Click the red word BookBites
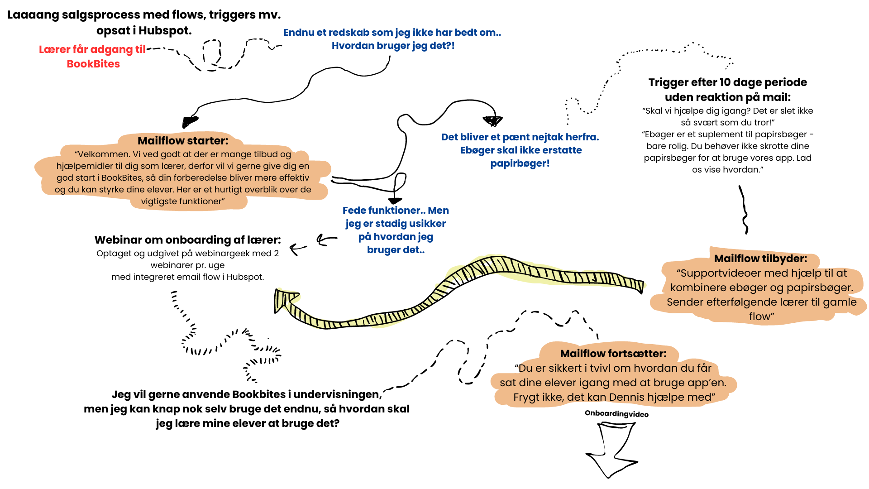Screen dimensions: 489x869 tap(93, 64)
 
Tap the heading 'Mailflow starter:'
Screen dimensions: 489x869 tap(183, 141)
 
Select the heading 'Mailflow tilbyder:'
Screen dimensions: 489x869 tap(760, 259)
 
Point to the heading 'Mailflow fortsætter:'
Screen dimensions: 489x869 tap(613, 354)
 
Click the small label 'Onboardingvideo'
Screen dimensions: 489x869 tap(616, 414)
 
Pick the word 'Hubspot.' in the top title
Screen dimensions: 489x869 tap(165, 31)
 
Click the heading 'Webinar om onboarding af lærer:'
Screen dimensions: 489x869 tap(187, 240)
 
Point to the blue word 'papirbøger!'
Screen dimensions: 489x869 tap(520, 163)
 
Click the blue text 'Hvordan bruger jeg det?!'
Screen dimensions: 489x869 tap(393, 46)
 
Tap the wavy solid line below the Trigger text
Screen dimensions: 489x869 tap(744, 210)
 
